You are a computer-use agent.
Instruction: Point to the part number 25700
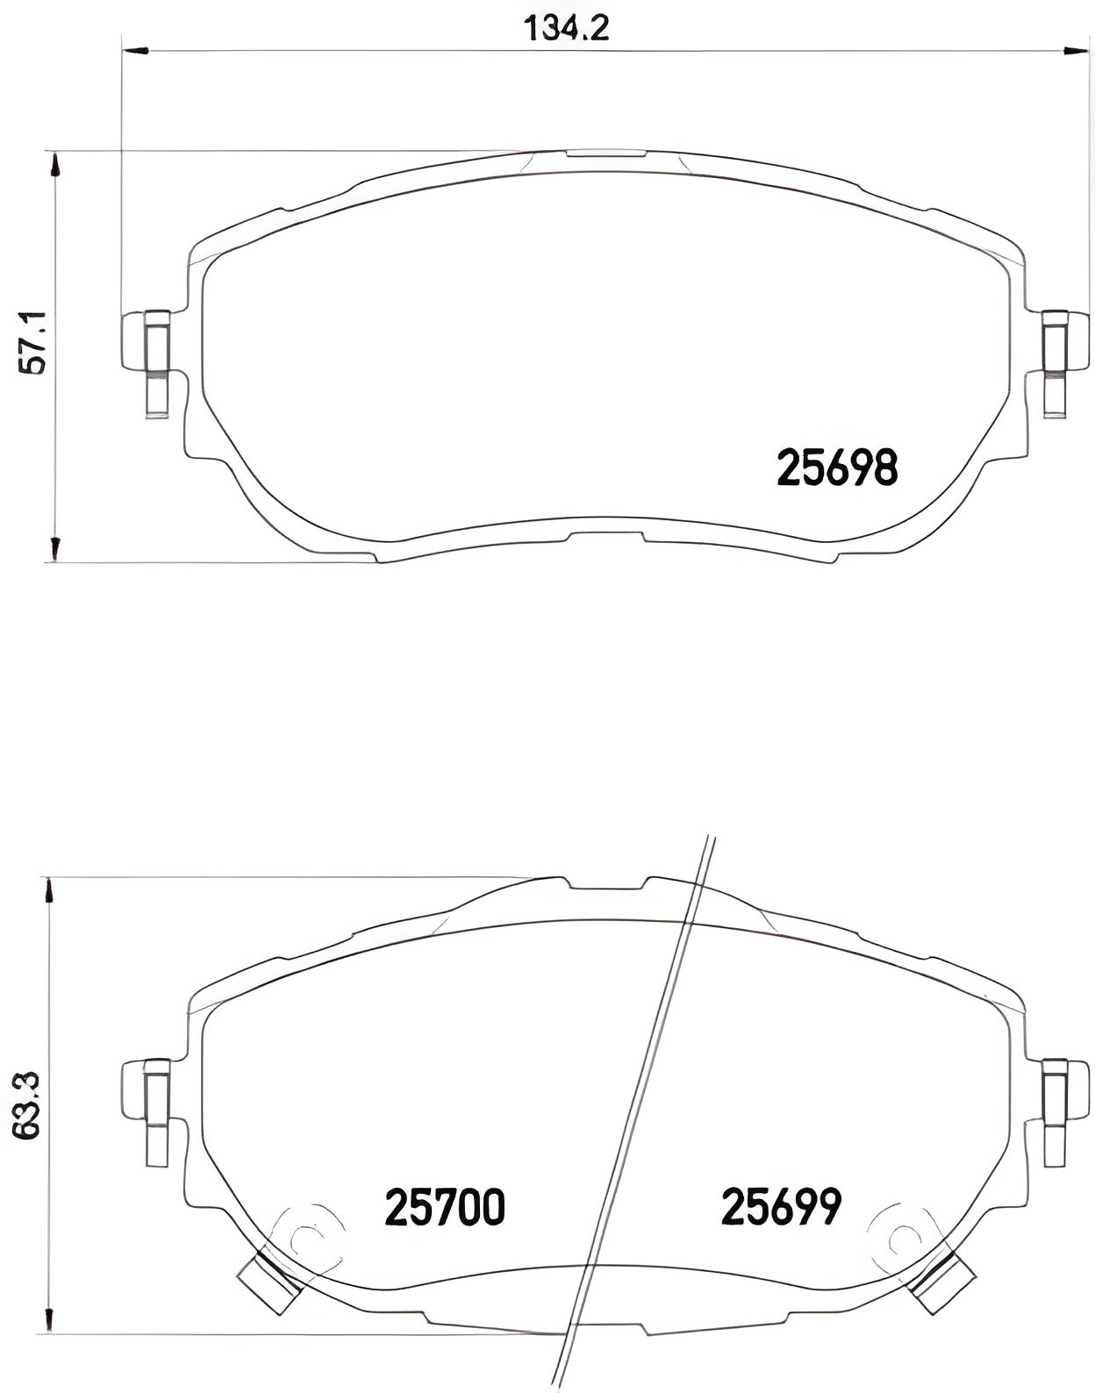(445, 1207)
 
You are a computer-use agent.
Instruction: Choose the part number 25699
(781, 1207)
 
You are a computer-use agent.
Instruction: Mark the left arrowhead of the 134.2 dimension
(133, 50)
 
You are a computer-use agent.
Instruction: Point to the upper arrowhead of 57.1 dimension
(54, 166)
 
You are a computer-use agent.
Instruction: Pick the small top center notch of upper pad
(605, 153)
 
